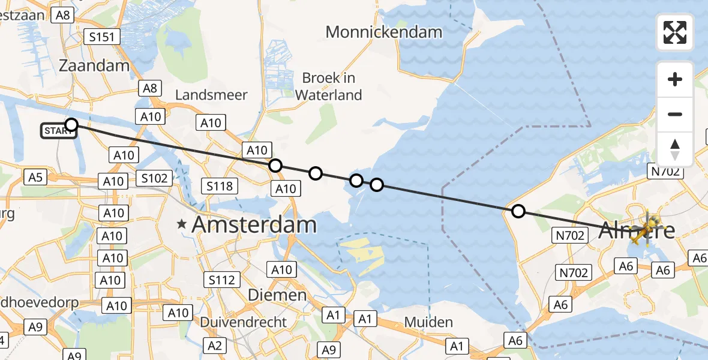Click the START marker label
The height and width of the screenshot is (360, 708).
click(x=58, y=131)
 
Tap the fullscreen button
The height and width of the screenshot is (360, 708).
click(x=675, y=32)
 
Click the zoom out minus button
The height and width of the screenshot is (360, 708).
click(x=675, y=114)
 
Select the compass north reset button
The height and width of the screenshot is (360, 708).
click(x=675, y=149)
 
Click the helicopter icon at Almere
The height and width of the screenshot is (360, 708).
click(x=644, y=229)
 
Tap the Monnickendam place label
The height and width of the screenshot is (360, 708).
click(x=384, y=32)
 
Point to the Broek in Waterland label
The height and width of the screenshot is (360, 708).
click(x=329, y=86)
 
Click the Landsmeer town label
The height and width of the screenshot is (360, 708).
click(x=211, y=95)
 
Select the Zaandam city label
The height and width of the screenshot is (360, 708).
click(x=95, y=65)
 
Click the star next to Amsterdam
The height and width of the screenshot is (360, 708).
click(x=181, y=225)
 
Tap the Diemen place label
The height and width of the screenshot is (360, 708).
click(x=278, y=295)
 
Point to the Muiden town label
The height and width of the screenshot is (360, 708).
click(x=428, y=322)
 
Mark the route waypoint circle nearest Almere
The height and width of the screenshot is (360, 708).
click(x=518, y=211)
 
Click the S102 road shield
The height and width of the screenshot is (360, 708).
click(x=154, y=178)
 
